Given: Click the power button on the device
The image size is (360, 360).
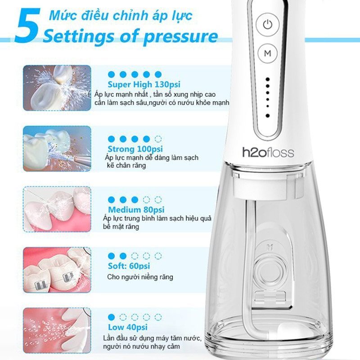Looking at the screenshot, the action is (267, 25).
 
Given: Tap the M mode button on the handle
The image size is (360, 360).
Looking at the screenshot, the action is (267, 53).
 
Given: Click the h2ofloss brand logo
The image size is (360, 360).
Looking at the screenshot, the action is (268, 153).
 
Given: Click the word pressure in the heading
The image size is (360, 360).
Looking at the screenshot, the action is (180, 37).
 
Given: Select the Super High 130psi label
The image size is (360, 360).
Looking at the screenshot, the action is (144, 84).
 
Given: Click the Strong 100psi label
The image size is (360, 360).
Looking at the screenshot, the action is (135, 149).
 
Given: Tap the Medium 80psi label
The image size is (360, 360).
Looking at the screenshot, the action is (136, 210).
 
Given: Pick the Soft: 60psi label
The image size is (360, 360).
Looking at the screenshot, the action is (129, 266).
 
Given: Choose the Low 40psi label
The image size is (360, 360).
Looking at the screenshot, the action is (128, 327).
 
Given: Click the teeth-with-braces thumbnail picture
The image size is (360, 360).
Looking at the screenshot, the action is (57, 270).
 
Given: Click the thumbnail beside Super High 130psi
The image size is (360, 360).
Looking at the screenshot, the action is (57, 88).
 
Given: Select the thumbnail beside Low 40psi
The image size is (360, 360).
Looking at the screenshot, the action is (57, 331).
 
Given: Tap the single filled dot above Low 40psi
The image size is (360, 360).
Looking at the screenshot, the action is (111, 317).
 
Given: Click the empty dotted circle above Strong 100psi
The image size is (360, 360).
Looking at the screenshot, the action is (158, 139).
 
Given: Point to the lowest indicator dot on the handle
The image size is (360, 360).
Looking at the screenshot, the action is (267, 116).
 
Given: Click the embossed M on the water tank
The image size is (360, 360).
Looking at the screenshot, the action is (270, 247).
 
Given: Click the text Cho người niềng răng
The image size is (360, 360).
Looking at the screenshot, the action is (140, 277).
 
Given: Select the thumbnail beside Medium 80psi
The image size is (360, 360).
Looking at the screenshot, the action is (57, 209).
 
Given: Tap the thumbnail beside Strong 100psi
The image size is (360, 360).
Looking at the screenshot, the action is (57, 148).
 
